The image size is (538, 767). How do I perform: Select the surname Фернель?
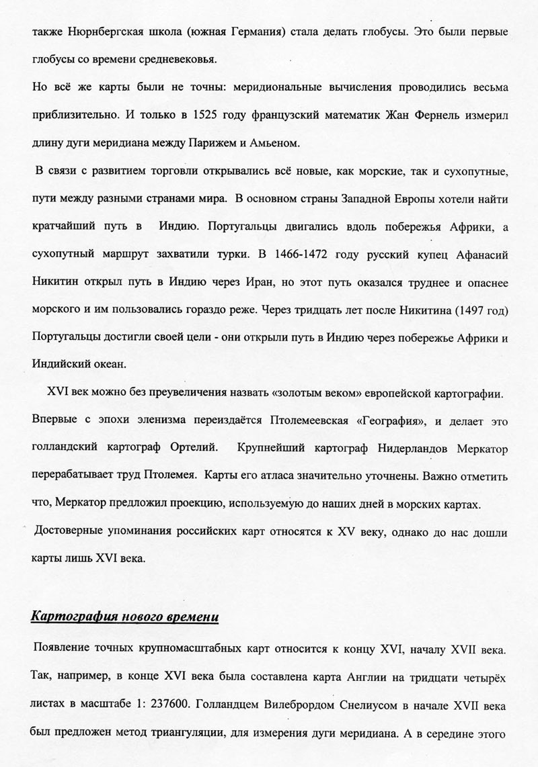[465, 114]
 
